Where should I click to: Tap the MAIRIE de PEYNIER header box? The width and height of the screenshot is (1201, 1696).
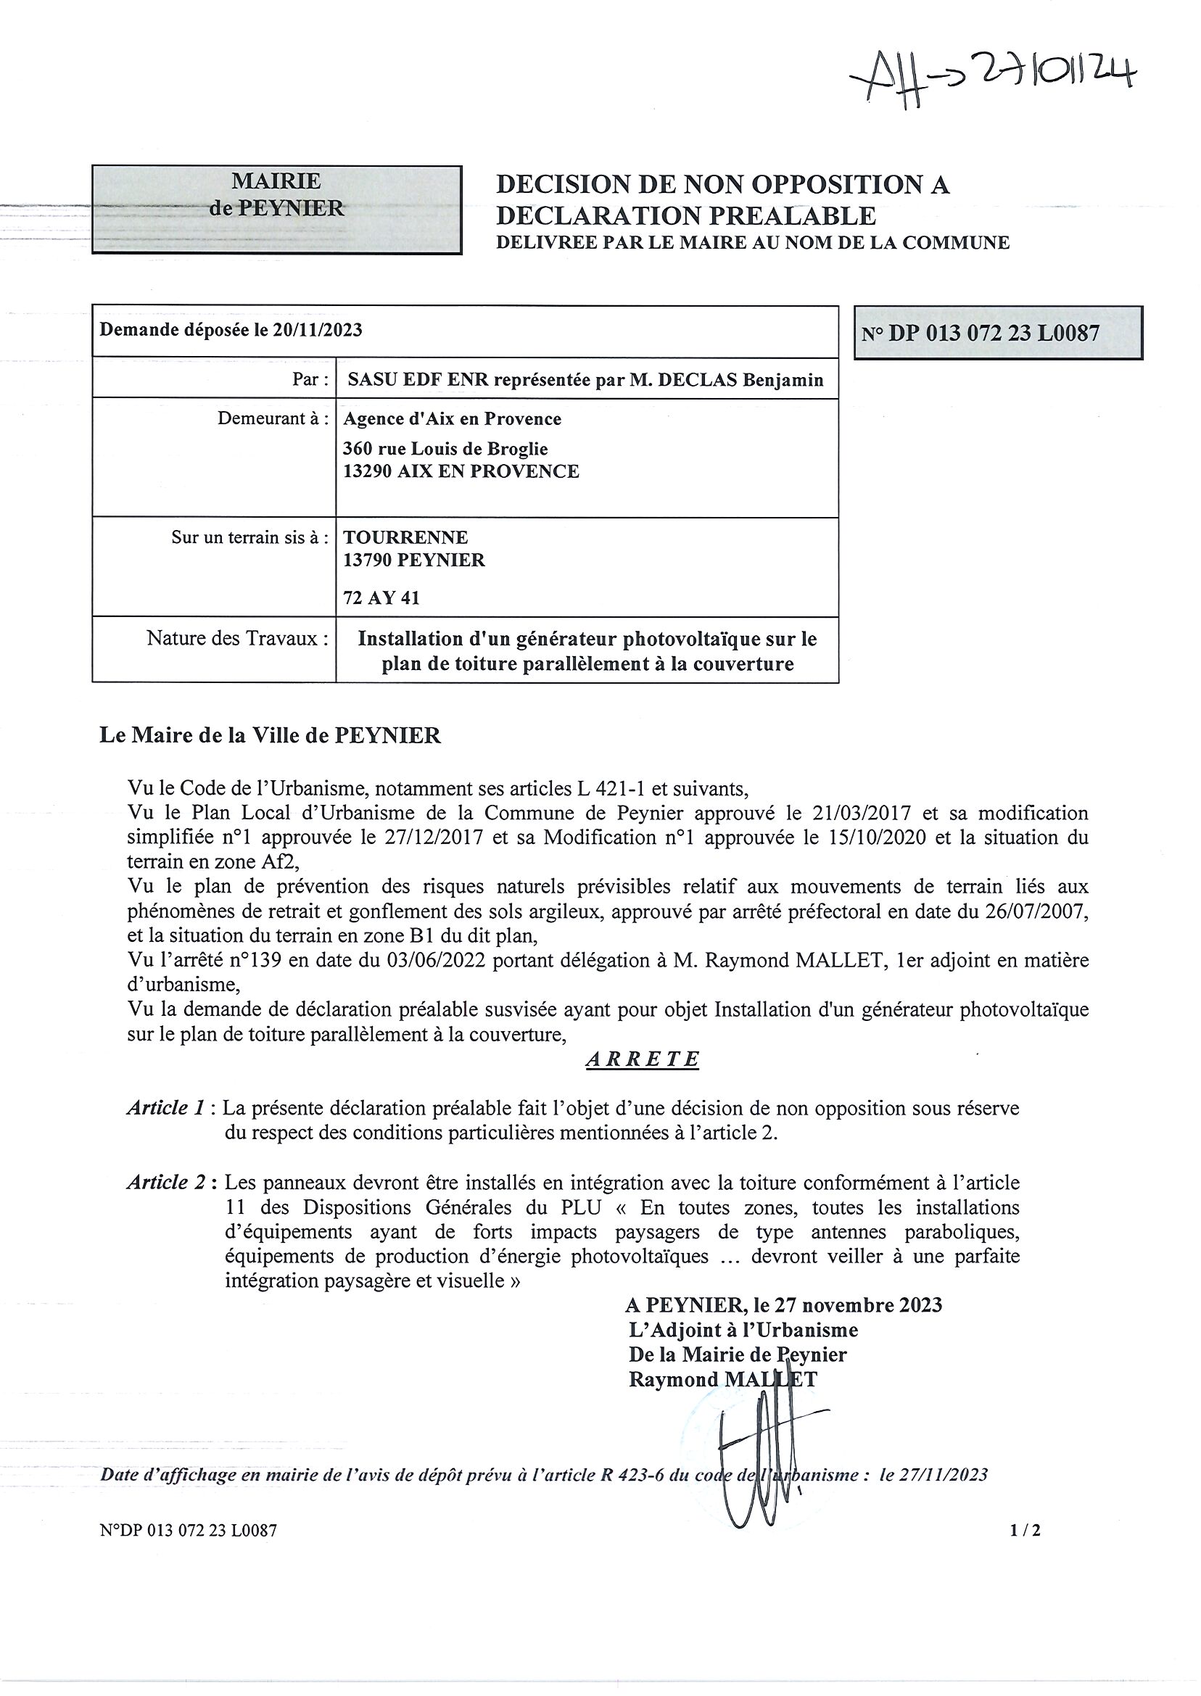pos(276,210)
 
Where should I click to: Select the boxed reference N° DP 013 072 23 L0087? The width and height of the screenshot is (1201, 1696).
pos(998,334)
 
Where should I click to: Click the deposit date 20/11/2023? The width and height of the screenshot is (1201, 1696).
pos(317,330)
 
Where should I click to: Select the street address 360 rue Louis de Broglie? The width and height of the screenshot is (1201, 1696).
pos(445,449)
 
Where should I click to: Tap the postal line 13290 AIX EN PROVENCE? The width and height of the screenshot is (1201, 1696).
pos(461,471)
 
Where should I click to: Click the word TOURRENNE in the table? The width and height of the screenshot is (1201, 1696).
pos(405,537)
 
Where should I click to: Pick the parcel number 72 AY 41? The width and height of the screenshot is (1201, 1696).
pos(381,597)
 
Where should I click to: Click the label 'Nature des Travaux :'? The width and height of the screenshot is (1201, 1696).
pos(237,638)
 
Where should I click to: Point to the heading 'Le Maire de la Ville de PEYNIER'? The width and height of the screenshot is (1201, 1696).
pos(270,737)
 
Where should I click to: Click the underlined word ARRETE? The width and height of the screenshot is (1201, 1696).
pos(642,1059)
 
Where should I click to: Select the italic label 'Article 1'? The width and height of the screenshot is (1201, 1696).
pos(165,1108)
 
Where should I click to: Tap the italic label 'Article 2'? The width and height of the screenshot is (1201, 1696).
pos(165,1183)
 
